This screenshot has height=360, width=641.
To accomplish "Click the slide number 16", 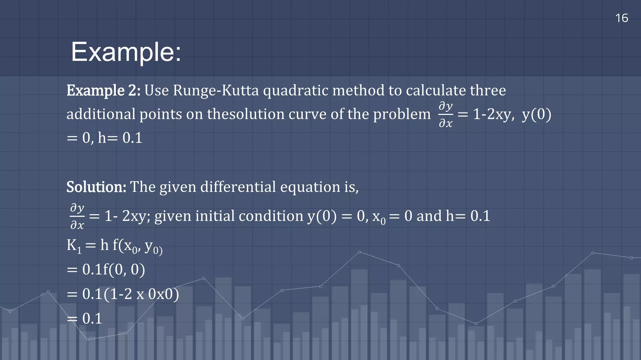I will (622, 18).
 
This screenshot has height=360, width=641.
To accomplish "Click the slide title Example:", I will (126, 52).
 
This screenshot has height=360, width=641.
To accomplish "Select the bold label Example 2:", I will (103, 91).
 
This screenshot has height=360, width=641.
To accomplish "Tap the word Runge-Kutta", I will (216, 91).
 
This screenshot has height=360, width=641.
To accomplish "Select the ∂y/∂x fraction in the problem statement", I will (445, 115).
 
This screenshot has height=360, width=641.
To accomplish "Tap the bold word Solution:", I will (96, 187).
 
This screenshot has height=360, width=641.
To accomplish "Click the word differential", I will (238, 187).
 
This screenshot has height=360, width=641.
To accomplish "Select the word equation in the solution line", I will (310, 187).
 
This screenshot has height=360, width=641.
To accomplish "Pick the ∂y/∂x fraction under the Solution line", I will (77, 216).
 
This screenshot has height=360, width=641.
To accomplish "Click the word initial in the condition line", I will (215, 216).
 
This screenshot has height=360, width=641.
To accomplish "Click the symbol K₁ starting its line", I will (74, 246).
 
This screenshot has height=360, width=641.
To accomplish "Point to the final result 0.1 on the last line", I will (92, 319).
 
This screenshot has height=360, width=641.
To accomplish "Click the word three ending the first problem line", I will (488, 91).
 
